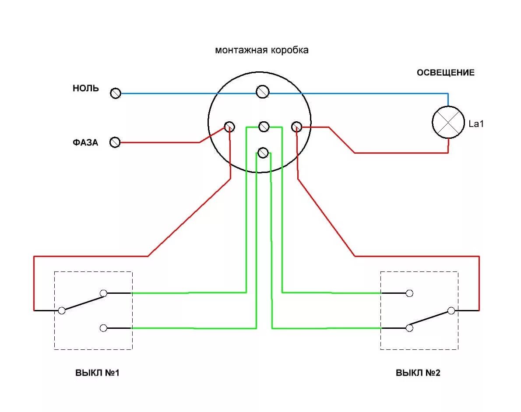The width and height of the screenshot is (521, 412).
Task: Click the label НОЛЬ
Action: [x=86, y=88]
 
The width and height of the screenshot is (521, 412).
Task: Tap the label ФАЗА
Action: [x=86, y=142]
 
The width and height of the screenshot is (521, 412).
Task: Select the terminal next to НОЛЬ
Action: [x=115, y=93]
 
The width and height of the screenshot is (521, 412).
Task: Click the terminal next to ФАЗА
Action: [x=115, y=142]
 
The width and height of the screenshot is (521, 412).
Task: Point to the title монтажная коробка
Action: [x=261, y=50]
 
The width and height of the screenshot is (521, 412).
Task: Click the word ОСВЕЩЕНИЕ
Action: [x=445, y=73]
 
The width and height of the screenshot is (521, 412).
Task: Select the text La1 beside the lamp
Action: [x=476, y=124]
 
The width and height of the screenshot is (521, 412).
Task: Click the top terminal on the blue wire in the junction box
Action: [x=262, y=92]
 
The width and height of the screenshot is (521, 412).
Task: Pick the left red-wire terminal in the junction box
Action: [x=229, y=127]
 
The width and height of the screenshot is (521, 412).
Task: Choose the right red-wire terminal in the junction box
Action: [x=296, y=127]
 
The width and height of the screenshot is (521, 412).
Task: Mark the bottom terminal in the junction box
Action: [x=263, y=152]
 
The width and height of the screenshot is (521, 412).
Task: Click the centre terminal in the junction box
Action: [x=264, y=127]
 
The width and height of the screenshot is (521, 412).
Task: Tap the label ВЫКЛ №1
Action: [x=97, y=373]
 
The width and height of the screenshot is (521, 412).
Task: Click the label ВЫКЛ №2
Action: [x=418, y=373]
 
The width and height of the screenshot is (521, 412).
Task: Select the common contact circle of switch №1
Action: [x=62, y=310]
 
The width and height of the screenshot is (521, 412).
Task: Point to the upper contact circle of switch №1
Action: [x=104, y=293]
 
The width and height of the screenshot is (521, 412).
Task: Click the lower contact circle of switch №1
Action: [x=104, y=328]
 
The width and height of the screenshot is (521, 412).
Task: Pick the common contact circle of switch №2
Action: [x=451, y=310]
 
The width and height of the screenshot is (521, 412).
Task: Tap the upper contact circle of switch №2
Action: [x=409, y=293]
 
